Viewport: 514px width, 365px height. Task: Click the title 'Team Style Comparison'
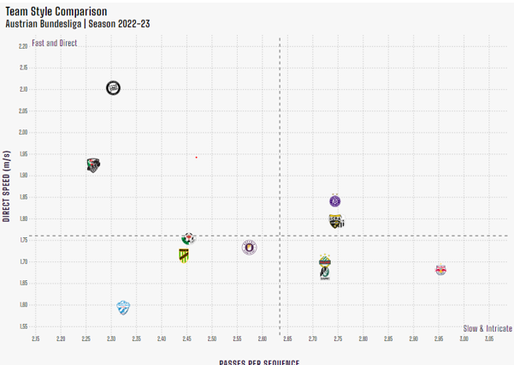coord(56,10)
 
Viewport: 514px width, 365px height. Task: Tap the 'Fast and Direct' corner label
coord(53,43)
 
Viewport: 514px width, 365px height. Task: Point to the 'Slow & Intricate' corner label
coord(487,328)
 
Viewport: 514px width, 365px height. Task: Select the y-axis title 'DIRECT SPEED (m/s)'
coord(7,186)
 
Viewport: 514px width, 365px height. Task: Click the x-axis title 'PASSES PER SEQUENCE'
coord(260,362)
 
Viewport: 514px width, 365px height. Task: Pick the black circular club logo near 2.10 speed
coord(113,87)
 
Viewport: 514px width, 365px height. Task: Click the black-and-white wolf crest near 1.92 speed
coord(95,165)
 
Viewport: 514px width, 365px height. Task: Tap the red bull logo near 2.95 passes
coord(440,270)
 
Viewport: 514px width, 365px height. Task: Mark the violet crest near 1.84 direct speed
coord(335,201)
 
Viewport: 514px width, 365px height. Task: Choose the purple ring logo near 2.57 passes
coord(250,248)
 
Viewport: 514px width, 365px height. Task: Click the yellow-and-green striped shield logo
coord(183,255)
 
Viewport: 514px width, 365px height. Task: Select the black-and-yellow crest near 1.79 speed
coord(336,222)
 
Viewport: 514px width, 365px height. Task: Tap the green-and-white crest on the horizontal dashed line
coord(188,238)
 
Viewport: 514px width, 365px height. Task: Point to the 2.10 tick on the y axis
coord(23,89)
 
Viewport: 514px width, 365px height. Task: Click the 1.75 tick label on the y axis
coord(23,240)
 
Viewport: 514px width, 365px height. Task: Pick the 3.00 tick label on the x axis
coord(464,339)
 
